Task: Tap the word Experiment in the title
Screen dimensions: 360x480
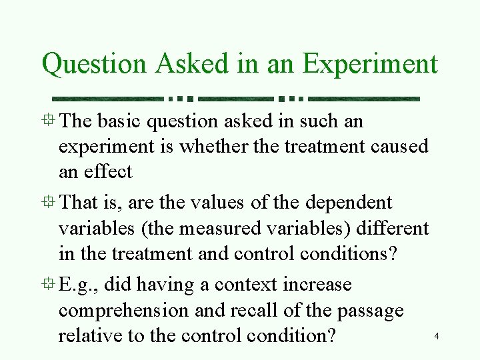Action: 370,65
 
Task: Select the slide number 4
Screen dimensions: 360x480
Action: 436,337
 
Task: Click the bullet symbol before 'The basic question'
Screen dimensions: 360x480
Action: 48,121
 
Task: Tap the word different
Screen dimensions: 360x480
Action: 393,229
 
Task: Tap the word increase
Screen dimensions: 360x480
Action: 317,285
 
